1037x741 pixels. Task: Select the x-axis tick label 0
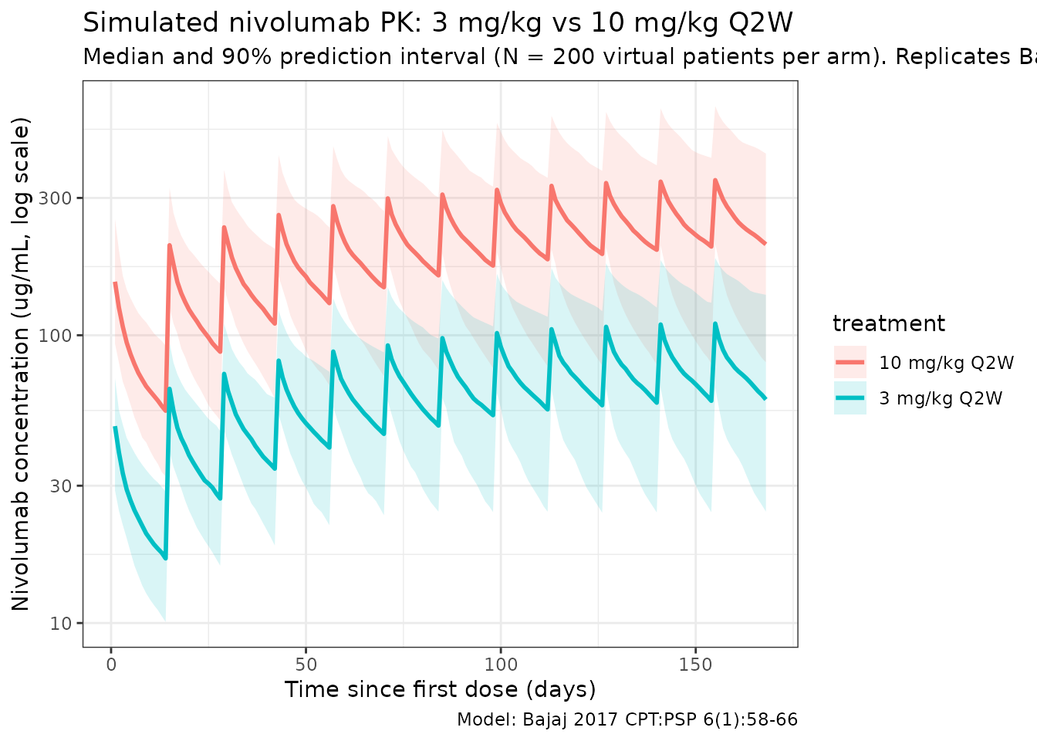tap(111, 664)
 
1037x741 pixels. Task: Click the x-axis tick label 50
tap(306, 664)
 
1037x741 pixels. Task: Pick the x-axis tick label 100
tap(501, 664)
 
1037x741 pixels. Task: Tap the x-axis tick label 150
tap(695, 664)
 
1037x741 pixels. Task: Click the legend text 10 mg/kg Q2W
tap(947, 363)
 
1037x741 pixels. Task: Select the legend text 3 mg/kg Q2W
tap(941, 399)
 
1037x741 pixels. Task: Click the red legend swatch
tap(850, 363)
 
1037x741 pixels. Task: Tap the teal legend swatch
tap(850, 399)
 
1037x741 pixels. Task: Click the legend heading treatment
tap(889, 324)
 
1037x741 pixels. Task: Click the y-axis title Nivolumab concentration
tap(22, 363)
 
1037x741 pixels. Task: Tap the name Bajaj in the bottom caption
tap(546, 720)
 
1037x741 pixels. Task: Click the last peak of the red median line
tap(715, 180)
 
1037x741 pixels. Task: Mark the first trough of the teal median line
tap(165, 557)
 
